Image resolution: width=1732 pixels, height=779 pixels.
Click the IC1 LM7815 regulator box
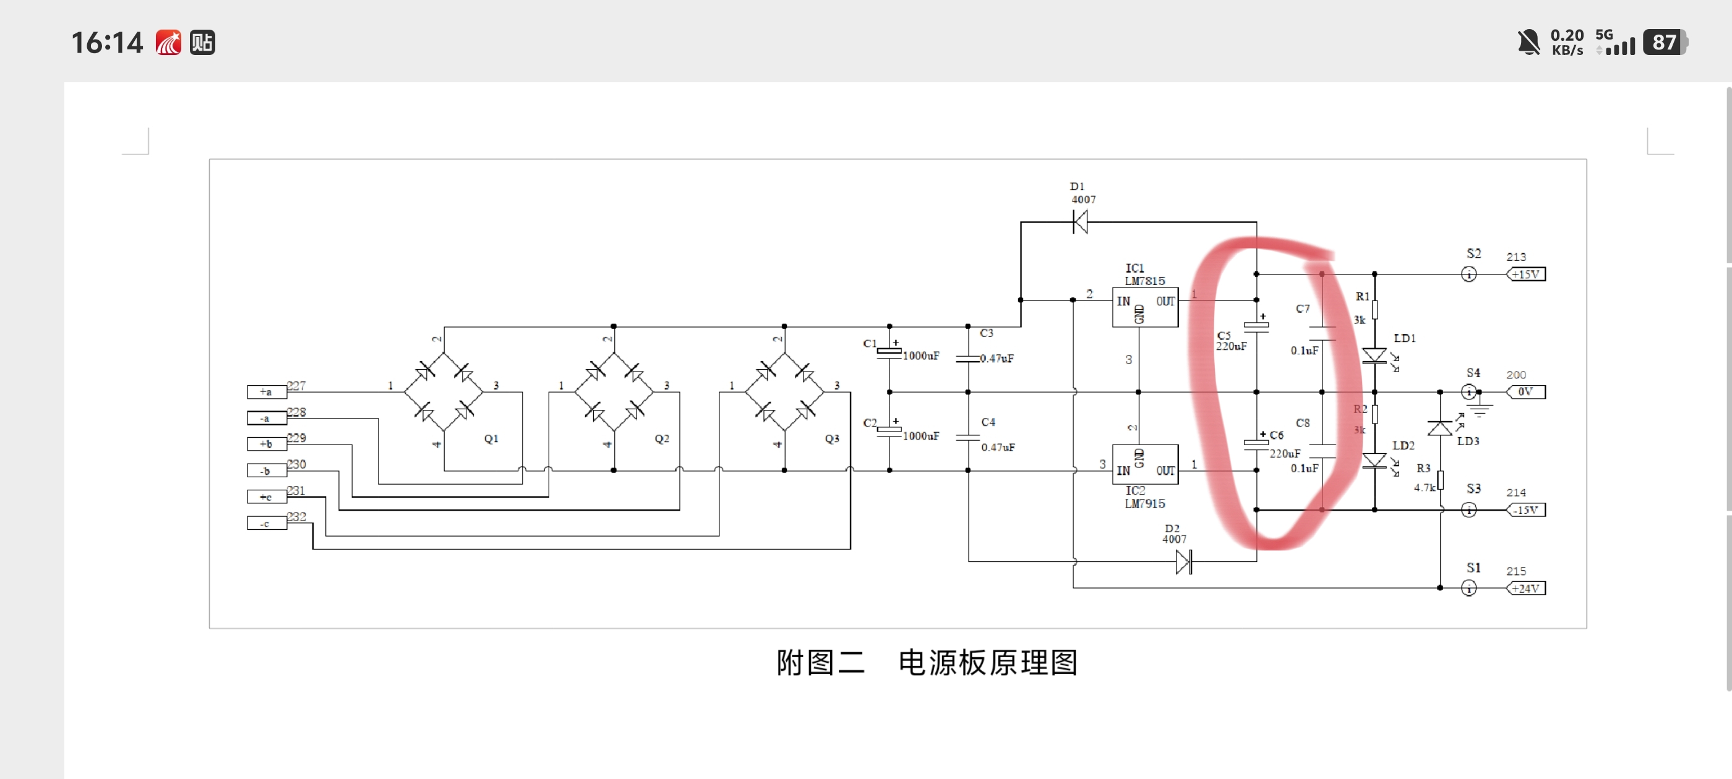[1144, 308]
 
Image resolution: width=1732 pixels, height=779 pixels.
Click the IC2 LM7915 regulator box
[1144, 464]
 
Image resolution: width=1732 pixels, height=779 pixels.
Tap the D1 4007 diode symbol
[1080, 221]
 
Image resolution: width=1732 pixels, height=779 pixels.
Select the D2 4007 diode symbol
[1184, 562]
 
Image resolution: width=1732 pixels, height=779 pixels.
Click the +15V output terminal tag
[1525, 275]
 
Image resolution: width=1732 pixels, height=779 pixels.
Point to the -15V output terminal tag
[1525, 510]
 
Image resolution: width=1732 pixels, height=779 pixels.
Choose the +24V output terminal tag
[1525, 589]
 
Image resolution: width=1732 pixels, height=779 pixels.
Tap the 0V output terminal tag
[1525, 392]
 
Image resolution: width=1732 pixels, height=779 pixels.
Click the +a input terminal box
[266, 392]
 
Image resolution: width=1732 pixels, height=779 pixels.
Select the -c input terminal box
[266, 524]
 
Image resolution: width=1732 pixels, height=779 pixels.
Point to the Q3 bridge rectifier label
[833, 439]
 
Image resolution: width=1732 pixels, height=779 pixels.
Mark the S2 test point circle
[1469, 275]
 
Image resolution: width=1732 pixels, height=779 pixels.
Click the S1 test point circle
[1469, 589]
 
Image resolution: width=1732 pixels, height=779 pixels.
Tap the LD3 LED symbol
[1440, 428]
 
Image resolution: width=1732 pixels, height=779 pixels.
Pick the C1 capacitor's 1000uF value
[920, 355]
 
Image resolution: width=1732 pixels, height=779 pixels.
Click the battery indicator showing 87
[1664, 42]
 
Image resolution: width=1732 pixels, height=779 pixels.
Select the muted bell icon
[1528, 42]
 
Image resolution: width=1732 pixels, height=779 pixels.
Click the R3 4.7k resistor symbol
[1440, 480]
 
